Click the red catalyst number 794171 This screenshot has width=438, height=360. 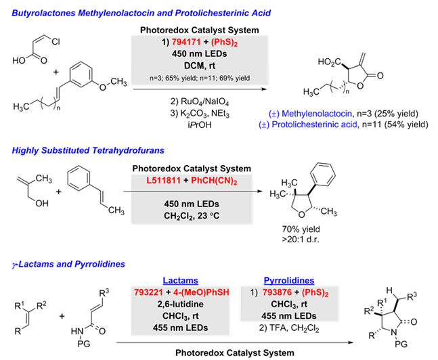186,42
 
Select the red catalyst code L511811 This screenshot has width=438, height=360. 163,181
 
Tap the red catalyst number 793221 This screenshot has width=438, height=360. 148,292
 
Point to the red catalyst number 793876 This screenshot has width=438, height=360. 277,292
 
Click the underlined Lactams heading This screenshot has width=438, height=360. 181,280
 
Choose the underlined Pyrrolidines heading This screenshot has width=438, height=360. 289,280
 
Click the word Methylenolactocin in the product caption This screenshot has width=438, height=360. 317,114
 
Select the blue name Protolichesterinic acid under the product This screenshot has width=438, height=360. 315,125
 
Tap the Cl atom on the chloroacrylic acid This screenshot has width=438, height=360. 56,42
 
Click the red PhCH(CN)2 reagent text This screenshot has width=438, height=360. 214,181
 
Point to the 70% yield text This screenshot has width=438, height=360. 301,229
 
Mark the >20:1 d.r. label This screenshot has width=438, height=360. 301,240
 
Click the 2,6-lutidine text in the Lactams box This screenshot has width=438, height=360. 181,304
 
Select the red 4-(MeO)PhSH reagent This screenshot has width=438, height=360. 201,292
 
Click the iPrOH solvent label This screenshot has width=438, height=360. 200,125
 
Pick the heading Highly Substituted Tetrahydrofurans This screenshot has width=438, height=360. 88,150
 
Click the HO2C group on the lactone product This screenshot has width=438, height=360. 330,62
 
